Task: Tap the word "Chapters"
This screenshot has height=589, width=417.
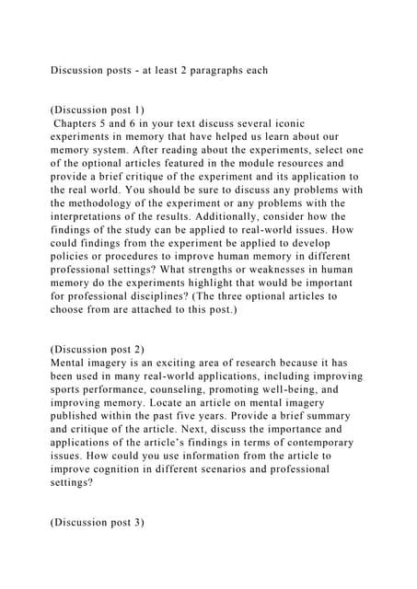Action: [79, 122]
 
